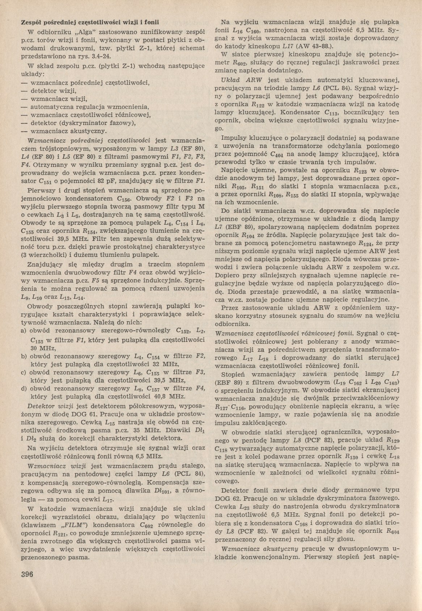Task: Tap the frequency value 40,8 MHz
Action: click(158, 396)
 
